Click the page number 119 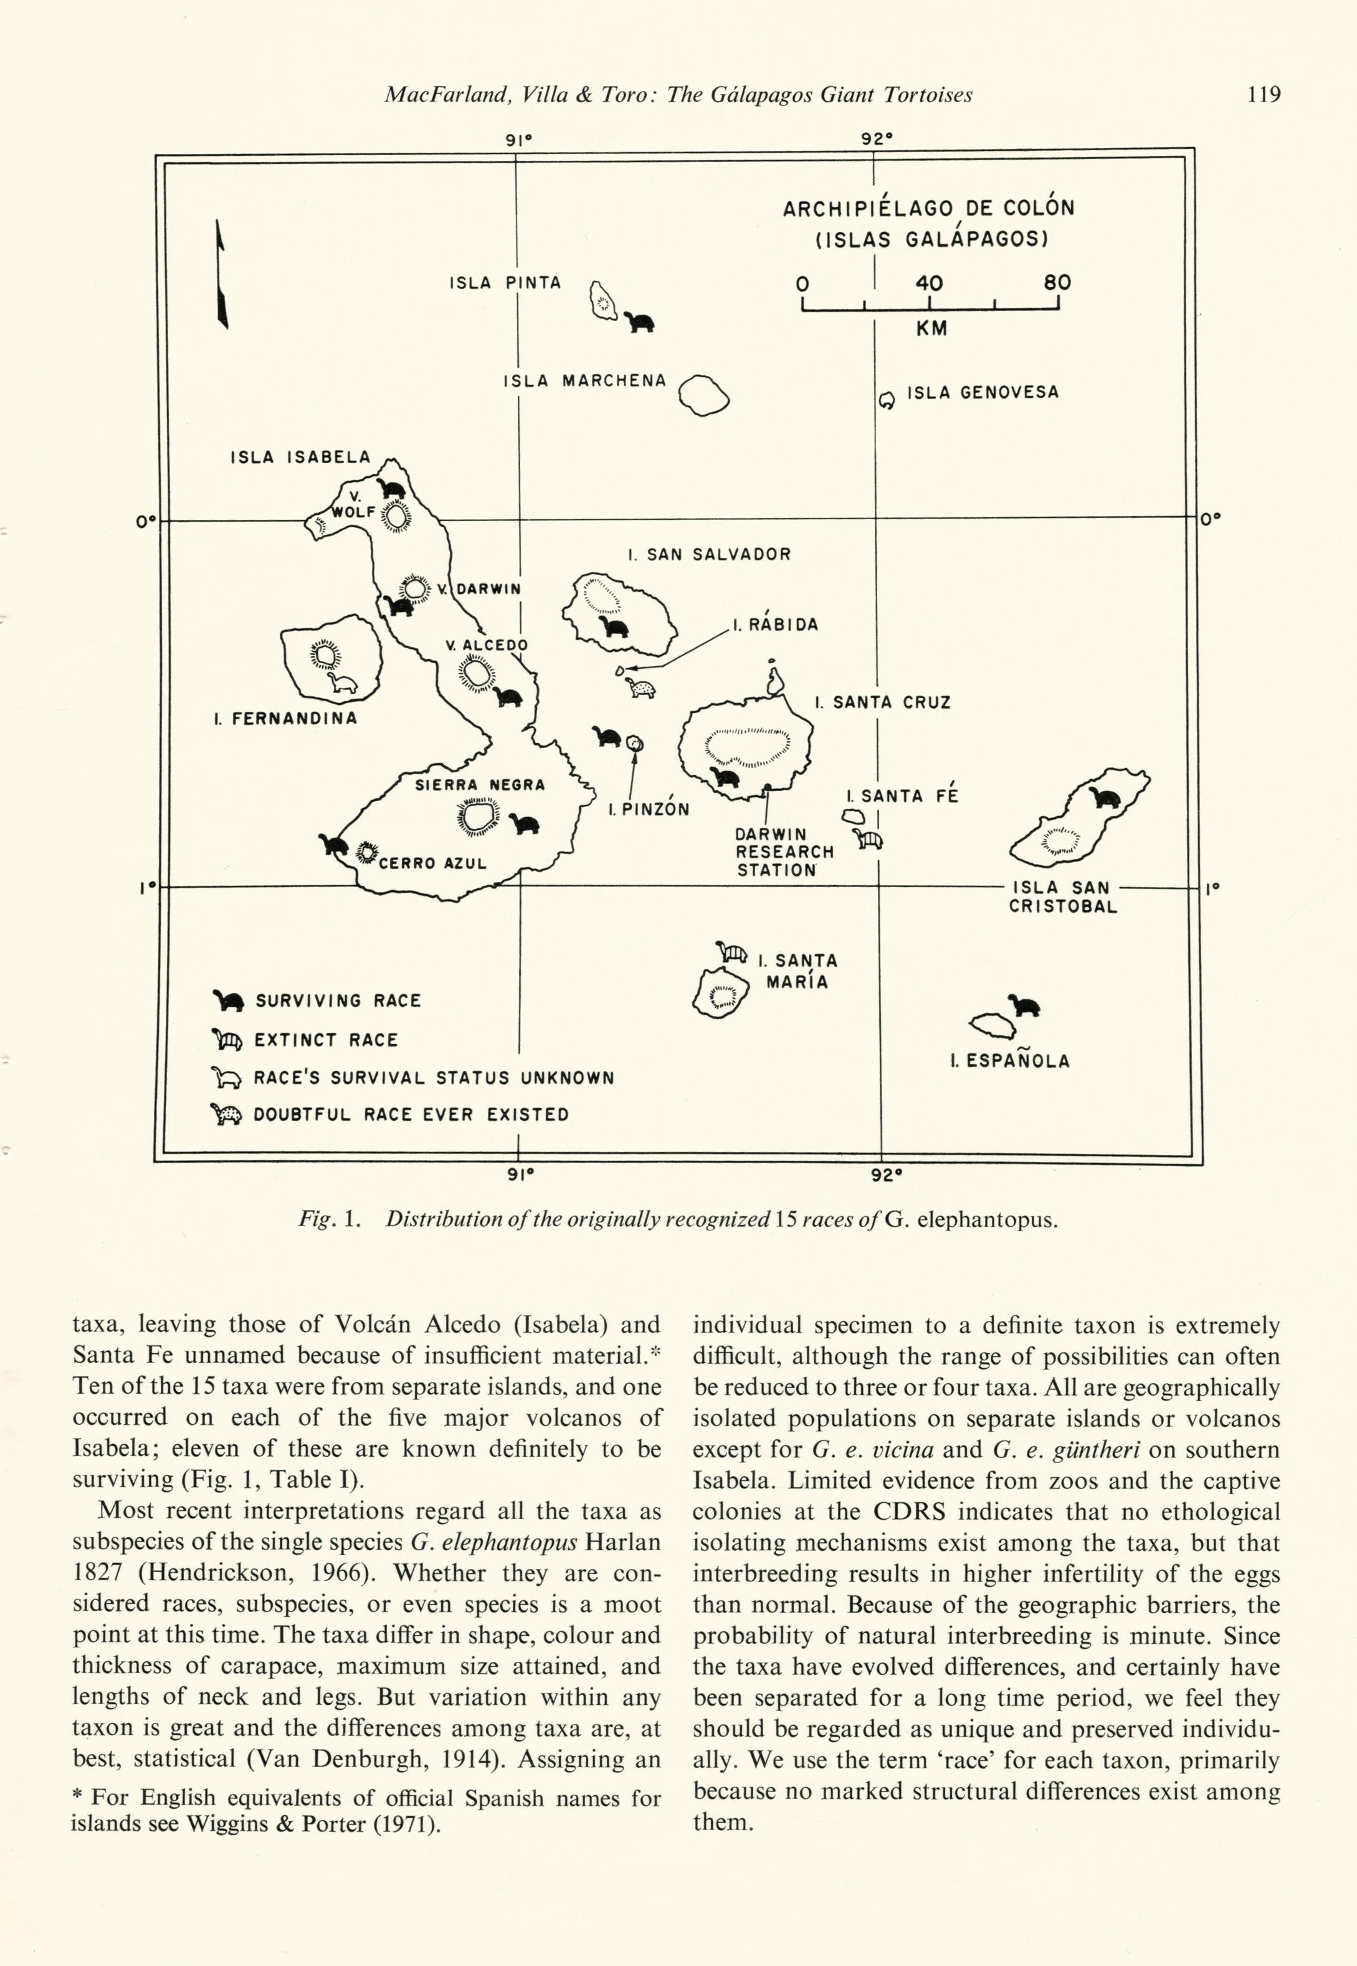1264,94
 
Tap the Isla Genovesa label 982,393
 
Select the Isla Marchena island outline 704,396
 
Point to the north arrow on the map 221,274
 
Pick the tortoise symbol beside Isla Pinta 640,322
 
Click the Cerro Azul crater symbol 366,851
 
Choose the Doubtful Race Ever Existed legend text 411,1115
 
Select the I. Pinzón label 648,809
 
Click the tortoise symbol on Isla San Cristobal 1105,798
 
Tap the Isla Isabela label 300,457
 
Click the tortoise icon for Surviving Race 228,1000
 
